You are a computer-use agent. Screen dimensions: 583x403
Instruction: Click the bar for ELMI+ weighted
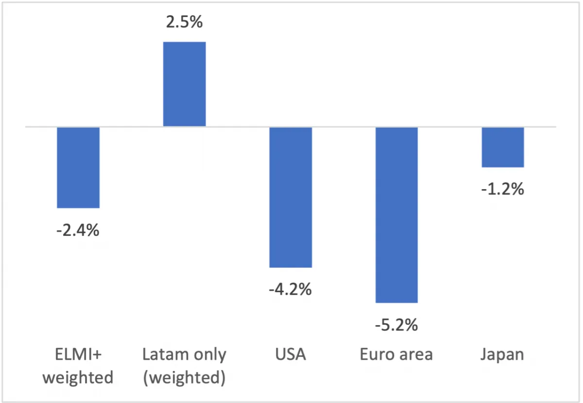click(78, 168)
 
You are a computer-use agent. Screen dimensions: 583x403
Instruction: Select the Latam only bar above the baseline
click(184, 84)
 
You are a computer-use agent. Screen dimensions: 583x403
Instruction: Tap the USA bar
click(291, 197)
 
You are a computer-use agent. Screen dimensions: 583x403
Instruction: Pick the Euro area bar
click(396, 215)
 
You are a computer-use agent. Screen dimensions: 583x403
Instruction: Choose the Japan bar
click(502, 147)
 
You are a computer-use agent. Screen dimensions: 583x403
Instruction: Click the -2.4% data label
click(78, 230)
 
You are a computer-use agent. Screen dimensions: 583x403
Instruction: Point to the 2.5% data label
click(184, 22)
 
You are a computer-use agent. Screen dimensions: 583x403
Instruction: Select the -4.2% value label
click(290, 289)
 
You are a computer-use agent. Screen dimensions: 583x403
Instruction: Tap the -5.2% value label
click(396, 325)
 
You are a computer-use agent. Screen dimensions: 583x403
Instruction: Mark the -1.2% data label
click(502, 189)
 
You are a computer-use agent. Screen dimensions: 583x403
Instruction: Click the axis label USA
click(291, 354)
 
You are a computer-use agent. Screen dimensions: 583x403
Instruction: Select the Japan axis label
click(502, 355)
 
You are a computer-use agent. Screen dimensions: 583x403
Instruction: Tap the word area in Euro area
click(416, 355)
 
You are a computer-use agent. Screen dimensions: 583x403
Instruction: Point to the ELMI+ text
click(78, 354)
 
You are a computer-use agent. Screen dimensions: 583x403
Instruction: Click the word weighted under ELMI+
click(78, 378)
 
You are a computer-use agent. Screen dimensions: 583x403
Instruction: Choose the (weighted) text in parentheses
click(184, 378)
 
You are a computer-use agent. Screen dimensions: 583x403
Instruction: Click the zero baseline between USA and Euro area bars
click(343, 127)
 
